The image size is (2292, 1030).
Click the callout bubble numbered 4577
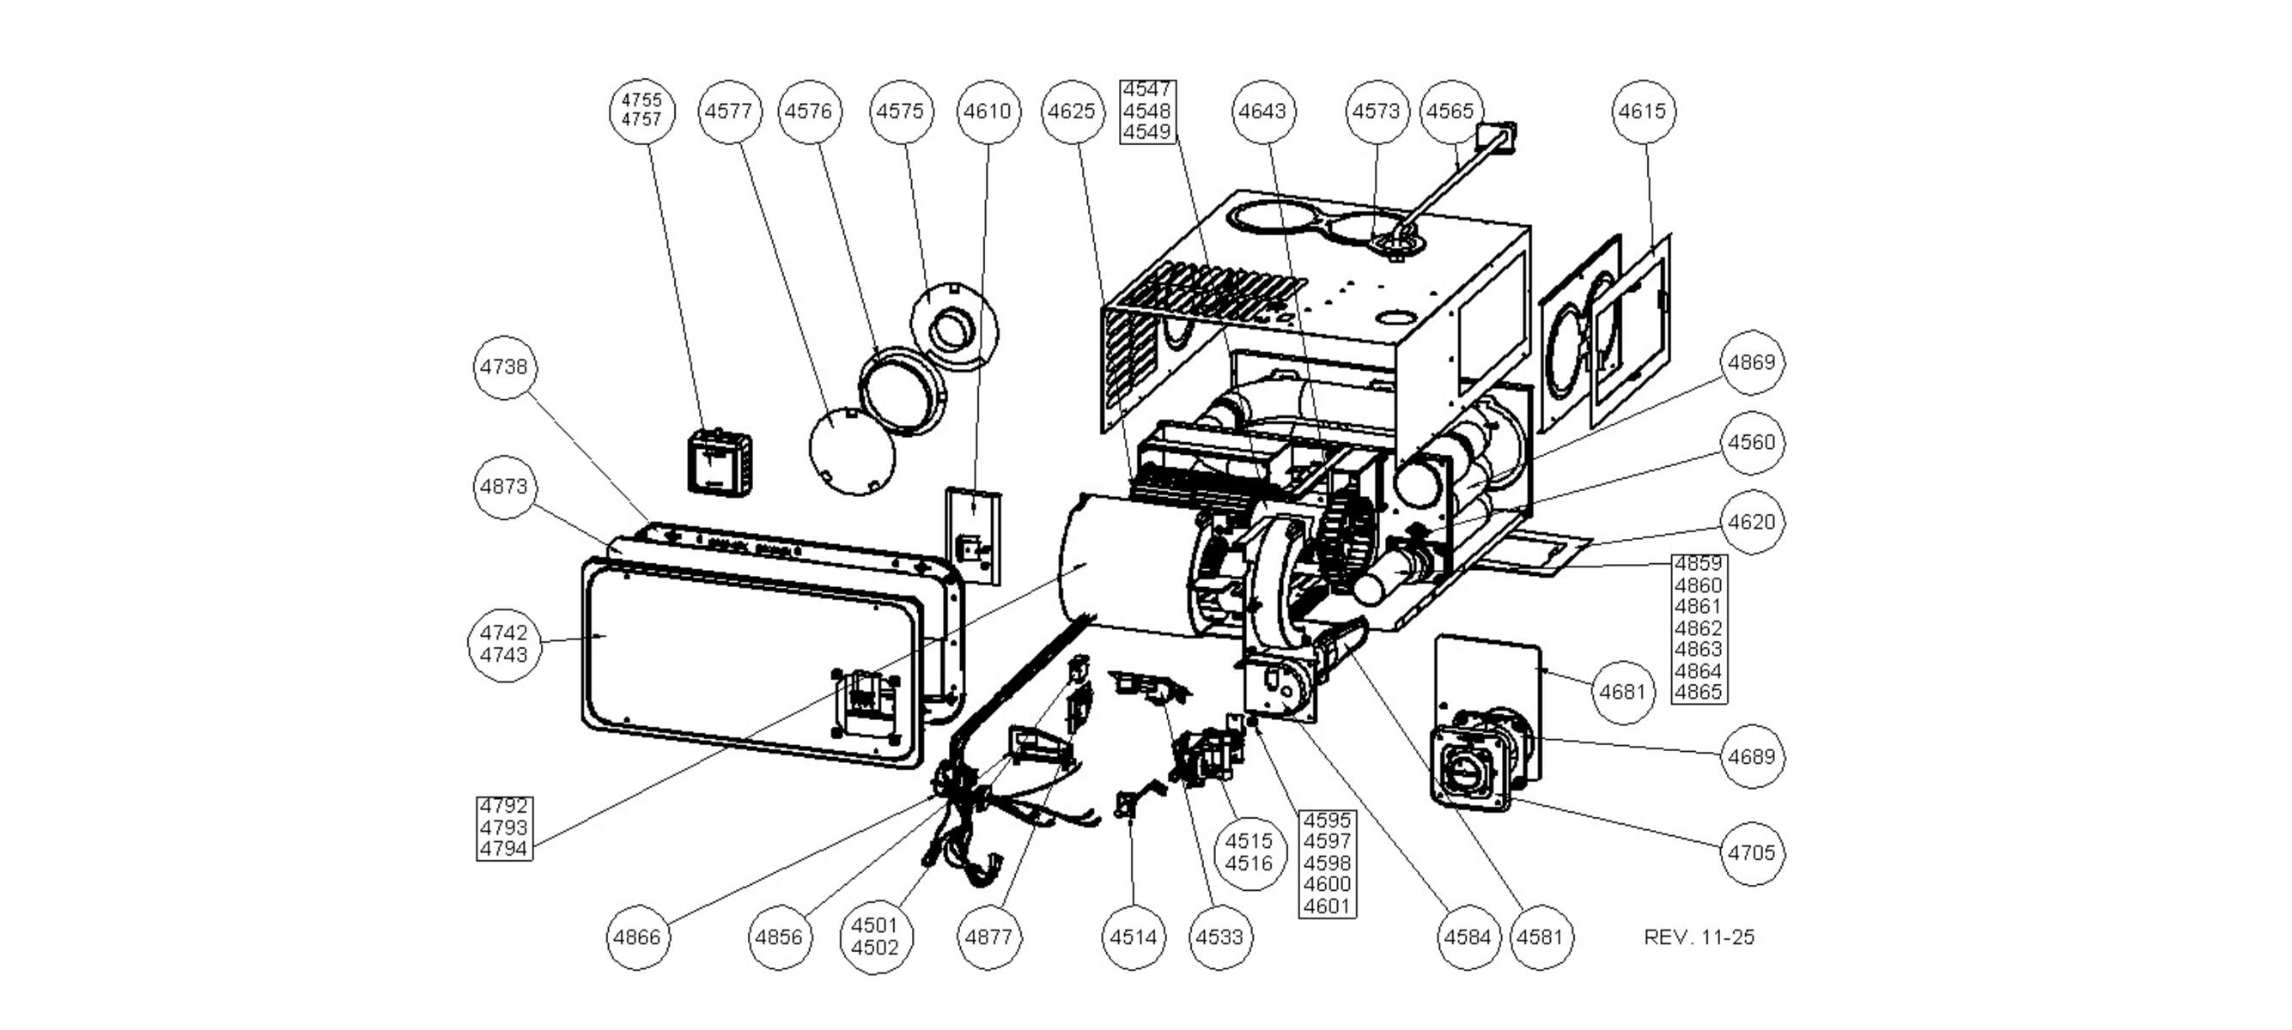coord(730,112)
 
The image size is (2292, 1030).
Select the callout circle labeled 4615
coord(1643,112)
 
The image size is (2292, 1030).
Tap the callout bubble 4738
coord(503,367)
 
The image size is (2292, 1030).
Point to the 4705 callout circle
coord(1751,853)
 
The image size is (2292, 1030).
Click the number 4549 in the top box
coord(1147,132)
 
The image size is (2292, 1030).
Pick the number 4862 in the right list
coord(1698,628)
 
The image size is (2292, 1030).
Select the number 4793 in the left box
coord(503,827)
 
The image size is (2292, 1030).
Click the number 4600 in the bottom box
coord(1327,884)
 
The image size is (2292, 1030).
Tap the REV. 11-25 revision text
coord(1699,937)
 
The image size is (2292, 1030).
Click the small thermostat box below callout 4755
coord(719,463)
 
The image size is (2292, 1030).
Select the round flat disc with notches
coord(851,451)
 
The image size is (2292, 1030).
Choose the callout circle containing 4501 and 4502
coord(874,936)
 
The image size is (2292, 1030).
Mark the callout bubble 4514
coord(1133,936)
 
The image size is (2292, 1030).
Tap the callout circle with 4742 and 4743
coord(503,644)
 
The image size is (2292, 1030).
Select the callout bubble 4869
coord(1751,362)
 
